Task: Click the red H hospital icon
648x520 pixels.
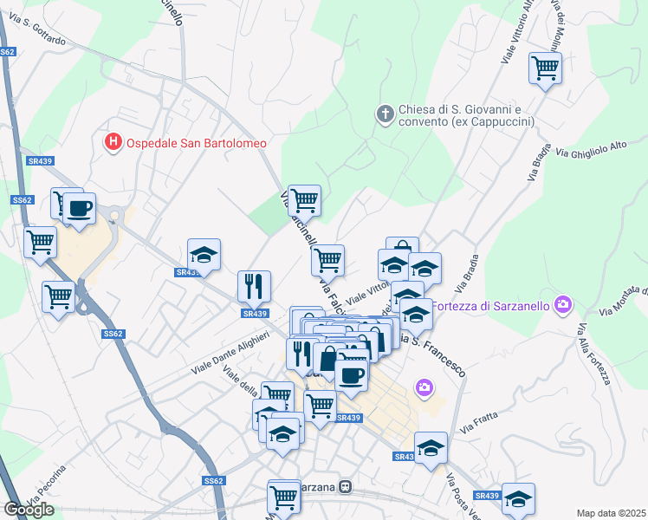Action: pos(113,142)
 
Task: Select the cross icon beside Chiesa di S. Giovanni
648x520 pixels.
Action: pos(385,114)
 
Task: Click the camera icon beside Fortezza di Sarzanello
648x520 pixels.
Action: pos(564,303)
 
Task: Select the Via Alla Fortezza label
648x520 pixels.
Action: pos(593,354)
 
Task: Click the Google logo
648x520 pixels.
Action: pos(29,510)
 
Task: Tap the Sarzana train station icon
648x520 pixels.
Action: pos(346,487)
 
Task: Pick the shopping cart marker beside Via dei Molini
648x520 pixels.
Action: pos(545,67)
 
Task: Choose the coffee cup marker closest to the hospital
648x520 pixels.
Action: pos(79,208)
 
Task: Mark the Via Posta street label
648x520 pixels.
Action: pos(454,490)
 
